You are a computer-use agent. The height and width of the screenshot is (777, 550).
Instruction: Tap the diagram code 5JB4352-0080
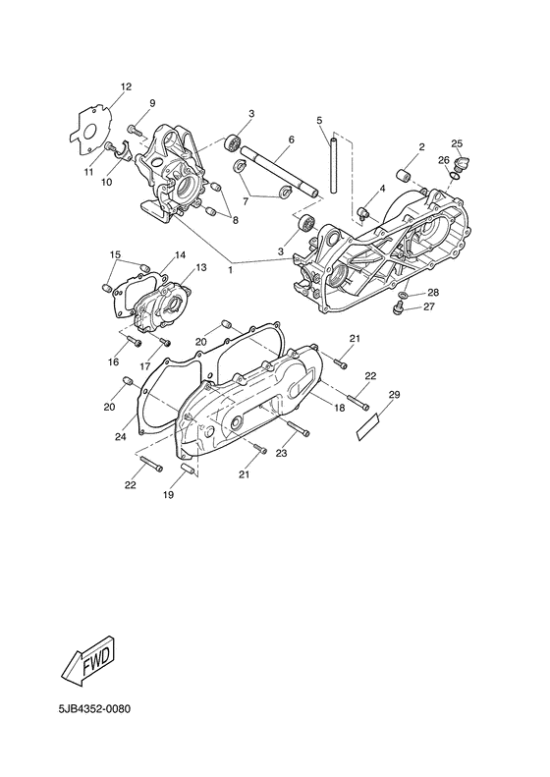(94, 709)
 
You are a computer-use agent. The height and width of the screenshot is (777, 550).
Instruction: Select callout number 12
(126, 86)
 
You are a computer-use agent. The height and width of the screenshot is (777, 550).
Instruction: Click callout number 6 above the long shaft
(291, 139)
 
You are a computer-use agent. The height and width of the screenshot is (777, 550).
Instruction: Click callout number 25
(457, 143)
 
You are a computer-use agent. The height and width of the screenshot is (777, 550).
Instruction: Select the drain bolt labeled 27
(397, 308)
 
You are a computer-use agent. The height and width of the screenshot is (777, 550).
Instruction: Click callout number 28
(433, 293)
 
